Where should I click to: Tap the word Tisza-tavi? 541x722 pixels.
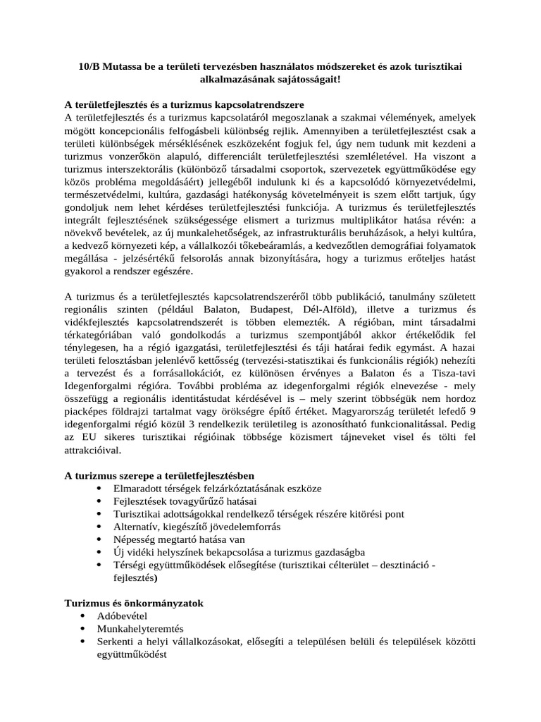click(x=452, y=374)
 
